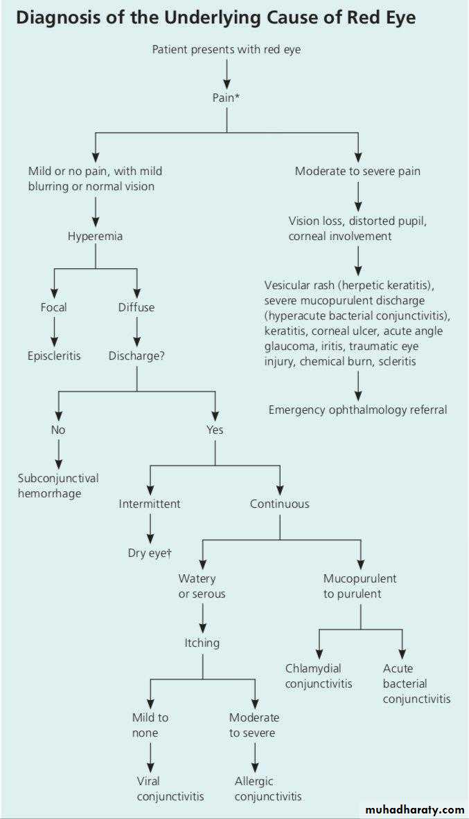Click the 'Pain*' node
click(x=226, y=98)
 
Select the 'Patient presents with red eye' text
click(x=226, y=50)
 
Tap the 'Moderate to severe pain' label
click(x=357, y=171)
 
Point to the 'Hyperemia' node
click(x=95, y=236)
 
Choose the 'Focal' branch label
click(x=53, y=306)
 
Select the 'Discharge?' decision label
click(x=136, y=356)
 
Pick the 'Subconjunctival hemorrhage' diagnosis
click(x=58, y=486)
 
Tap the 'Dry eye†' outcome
click(x=150, y=553)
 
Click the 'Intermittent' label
click(x=150, y=504)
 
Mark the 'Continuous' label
click(x=280, y=504)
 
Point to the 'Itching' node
click(x=202, y=643)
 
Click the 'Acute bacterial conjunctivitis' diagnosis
click(x=416, y=683)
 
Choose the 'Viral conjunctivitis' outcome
click(x=170, y=788)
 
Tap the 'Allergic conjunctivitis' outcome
click(x=268, y=788)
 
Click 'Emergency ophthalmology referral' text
click(x=357, y=410)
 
